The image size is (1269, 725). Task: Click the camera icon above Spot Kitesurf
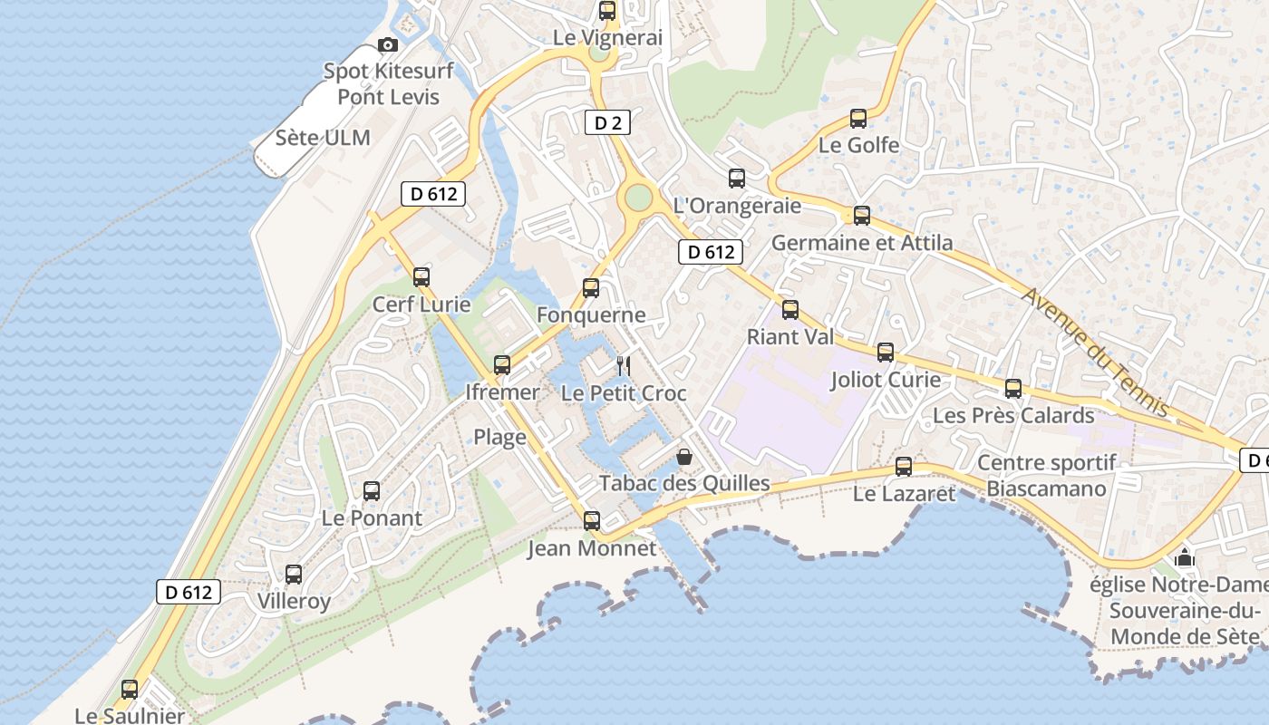coord(388,44)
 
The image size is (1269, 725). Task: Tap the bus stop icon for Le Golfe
coord(857,118)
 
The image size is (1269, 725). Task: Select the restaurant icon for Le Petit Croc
coord(623,365)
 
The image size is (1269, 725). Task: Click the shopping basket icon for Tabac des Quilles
coord(684,457)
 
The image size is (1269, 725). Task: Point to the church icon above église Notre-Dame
coord(1185,556)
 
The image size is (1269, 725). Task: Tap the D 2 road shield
coord(607,122)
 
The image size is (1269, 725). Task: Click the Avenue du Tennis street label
coord(1095,353)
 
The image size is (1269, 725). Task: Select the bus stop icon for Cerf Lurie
coord(421,277)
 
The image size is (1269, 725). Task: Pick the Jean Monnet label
coord(592,548)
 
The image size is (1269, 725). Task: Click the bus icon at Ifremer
coord(501,365)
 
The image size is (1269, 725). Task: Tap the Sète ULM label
coord(323,138)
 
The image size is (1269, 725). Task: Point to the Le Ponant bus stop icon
coord(372,491)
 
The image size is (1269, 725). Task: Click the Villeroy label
coord(294,601)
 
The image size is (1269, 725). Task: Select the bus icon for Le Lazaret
coord(904,467)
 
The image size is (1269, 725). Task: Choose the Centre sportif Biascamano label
coord(1047,476)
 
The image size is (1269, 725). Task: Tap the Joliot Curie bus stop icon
coord(886,353)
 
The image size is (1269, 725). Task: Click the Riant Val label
coord(790,337)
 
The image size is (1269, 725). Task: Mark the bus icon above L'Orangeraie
coord(737,179)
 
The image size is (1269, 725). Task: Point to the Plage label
coord(499,438)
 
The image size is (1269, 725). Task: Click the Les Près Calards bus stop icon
coord(1013,389)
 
